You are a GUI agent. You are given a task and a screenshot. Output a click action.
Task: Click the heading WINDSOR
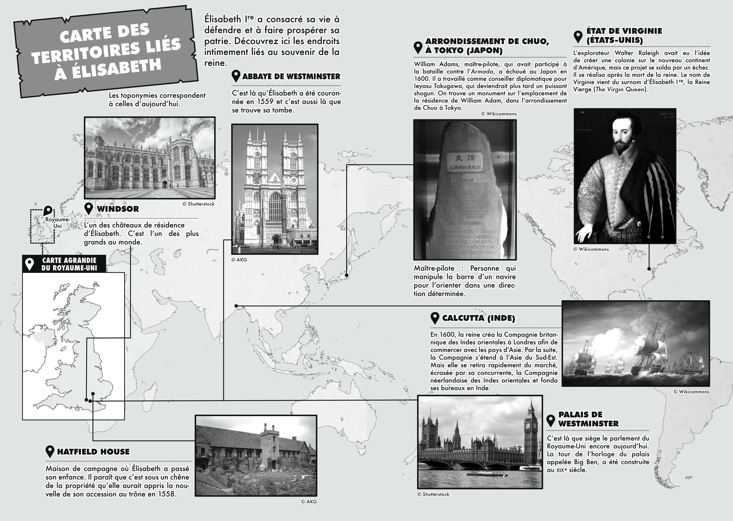pos(118,209)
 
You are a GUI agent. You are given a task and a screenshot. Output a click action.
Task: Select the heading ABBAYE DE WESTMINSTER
pos(291,76)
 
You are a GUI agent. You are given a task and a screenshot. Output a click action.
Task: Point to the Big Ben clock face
pos(527,426)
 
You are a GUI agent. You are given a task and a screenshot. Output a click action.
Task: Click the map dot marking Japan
pos(346,275)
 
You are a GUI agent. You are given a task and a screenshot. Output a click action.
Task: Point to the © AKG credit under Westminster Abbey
pos(239,260)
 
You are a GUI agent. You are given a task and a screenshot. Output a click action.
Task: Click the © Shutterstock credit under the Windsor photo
pos(198,204)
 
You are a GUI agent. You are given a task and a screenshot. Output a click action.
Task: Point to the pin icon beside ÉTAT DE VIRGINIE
pos(578,37)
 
